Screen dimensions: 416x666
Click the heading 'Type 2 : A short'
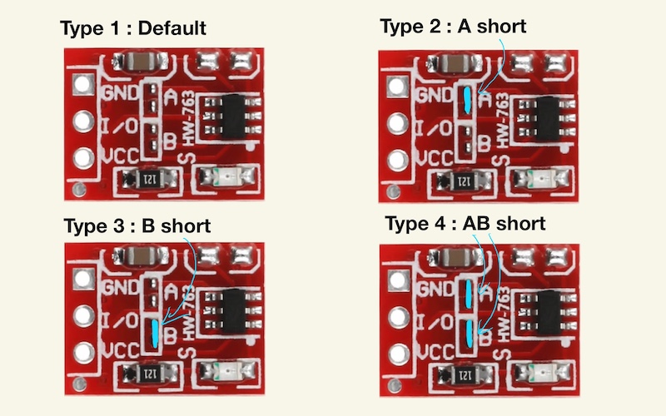[x=453, y=26]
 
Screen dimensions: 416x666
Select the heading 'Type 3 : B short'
[x=137, y=225]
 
